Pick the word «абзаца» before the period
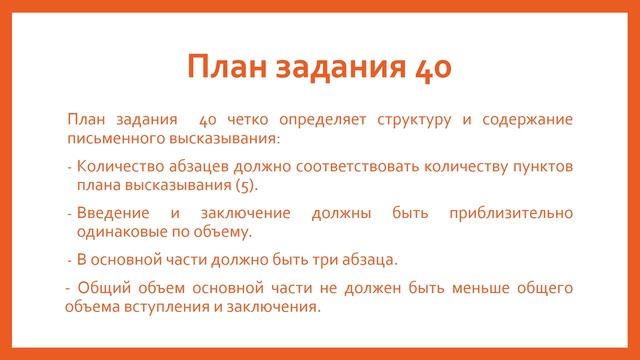pyautogui.click(x=366, y=259)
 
